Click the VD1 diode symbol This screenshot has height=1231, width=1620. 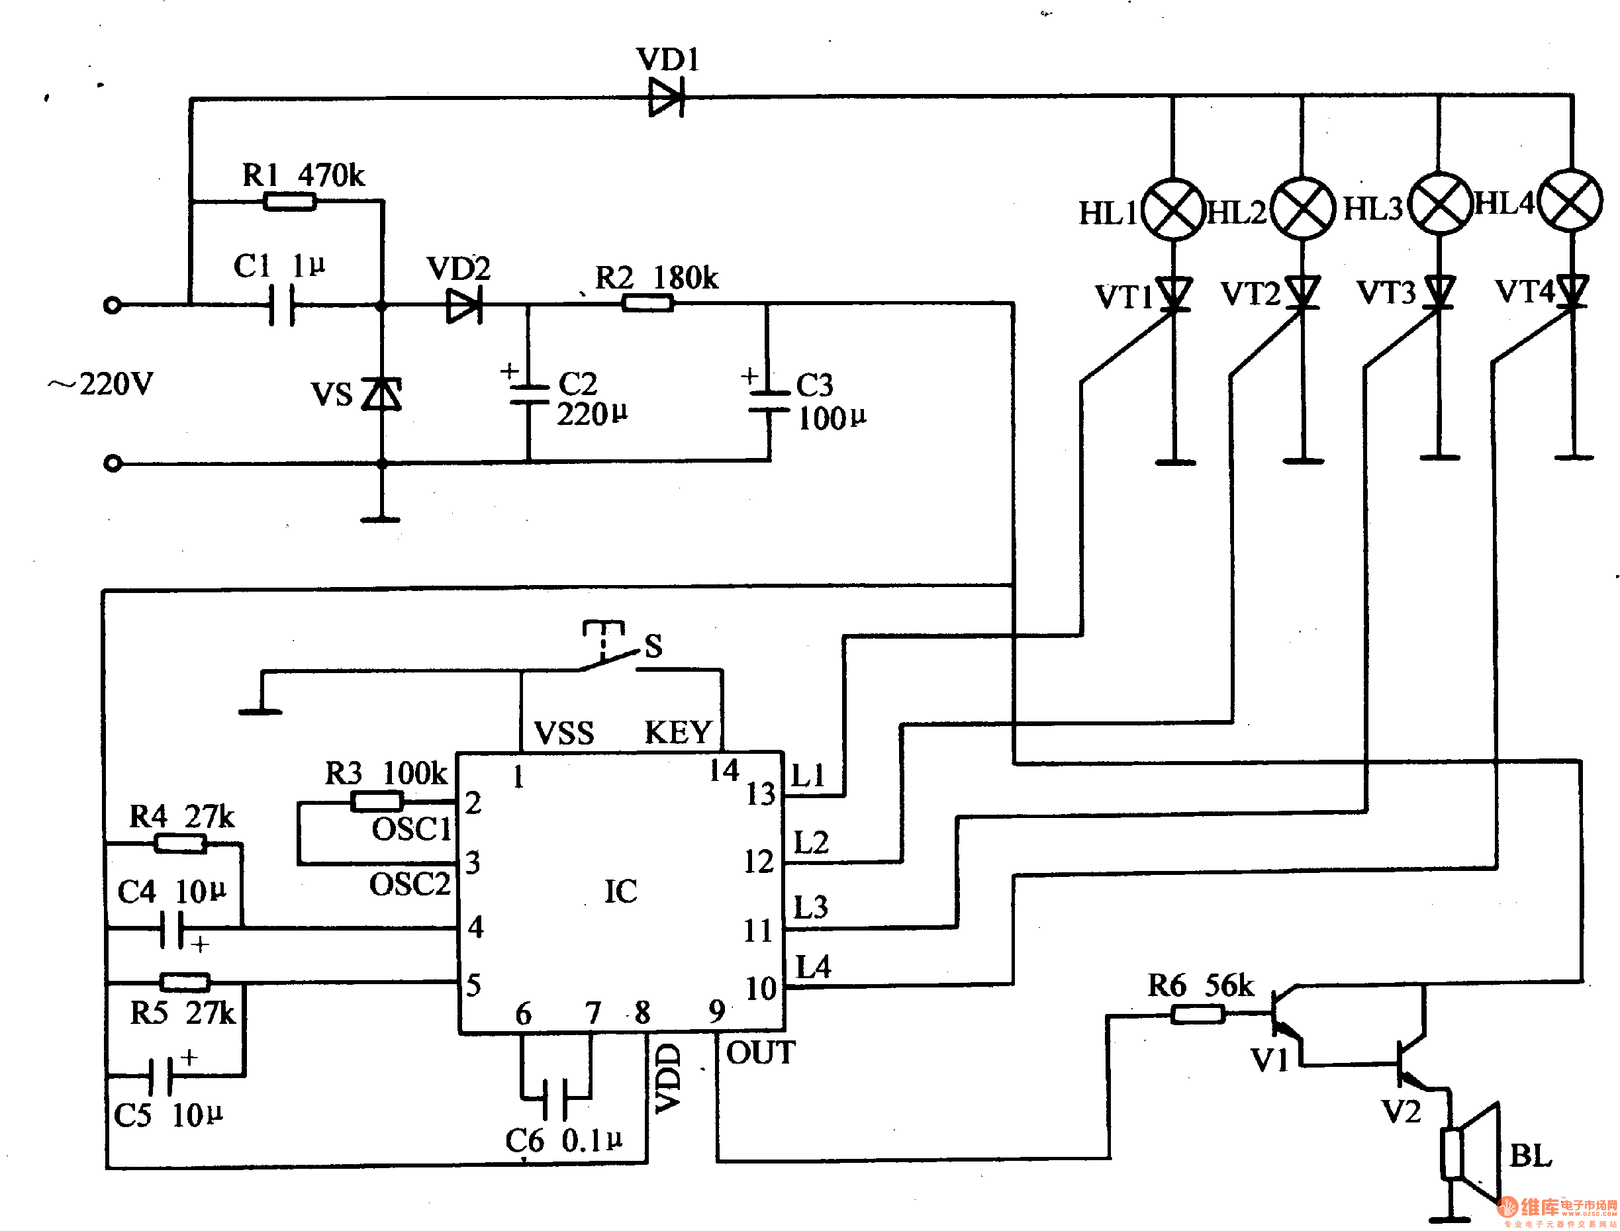point(665,97)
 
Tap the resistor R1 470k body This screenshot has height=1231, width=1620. point(289,201)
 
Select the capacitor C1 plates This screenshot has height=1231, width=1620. point(281,305)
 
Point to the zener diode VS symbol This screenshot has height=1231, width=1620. point(382,394)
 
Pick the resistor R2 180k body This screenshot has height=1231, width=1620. point(647,302)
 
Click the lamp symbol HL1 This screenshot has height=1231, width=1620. point(1174,210)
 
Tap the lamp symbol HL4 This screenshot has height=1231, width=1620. point(1570,200)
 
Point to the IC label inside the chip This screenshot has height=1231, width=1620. point(620,891)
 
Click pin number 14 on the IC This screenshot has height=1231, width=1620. point(724,770)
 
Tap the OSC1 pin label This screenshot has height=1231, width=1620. point(411,829)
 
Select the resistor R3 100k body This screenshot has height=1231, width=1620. point(377,801)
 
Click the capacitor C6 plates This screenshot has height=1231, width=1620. point(555,1099)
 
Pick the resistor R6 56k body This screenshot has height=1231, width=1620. point(1197,1014)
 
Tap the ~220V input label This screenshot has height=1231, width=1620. point(101,384)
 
